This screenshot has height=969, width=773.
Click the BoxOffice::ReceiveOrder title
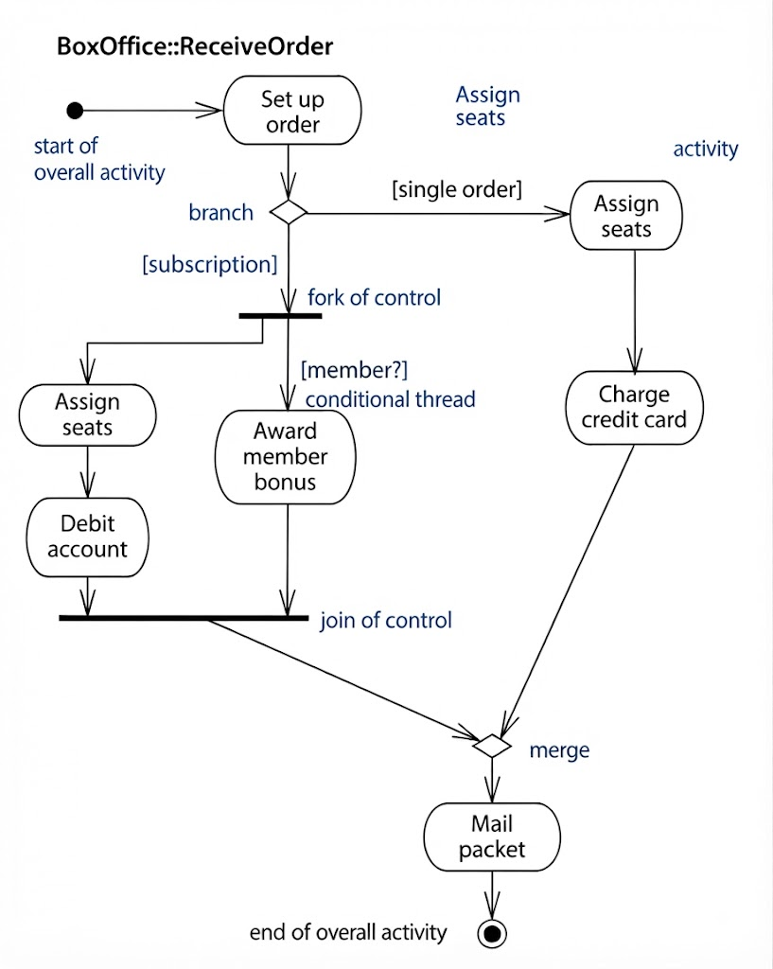pos(195,46)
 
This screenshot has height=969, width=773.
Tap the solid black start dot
pos(75,111)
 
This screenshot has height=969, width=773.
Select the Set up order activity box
pos(292,111)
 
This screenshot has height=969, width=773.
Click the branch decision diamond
pos(289,212)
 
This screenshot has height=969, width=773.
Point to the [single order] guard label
pos(457,189)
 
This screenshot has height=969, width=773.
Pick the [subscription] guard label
pos(209,265)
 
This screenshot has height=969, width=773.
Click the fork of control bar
pos(280,316)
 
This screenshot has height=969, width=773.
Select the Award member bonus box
pos(285,457)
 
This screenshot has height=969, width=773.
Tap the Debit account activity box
pos(87,537)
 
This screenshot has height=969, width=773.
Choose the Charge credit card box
pos(634,407)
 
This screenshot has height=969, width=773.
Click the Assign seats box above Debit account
pos(87,414)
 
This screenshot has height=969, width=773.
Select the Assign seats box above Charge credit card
pos(626,216)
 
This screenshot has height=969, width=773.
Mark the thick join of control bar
pos(184,617)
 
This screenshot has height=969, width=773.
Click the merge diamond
pos(492,746)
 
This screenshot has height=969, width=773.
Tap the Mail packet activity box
pos(492,837)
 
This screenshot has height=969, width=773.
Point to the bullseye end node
pos(492,933)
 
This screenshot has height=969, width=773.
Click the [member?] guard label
pos(354,370)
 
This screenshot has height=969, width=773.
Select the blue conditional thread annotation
pos(391,399)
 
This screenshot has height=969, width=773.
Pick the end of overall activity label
pos(348,932)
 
